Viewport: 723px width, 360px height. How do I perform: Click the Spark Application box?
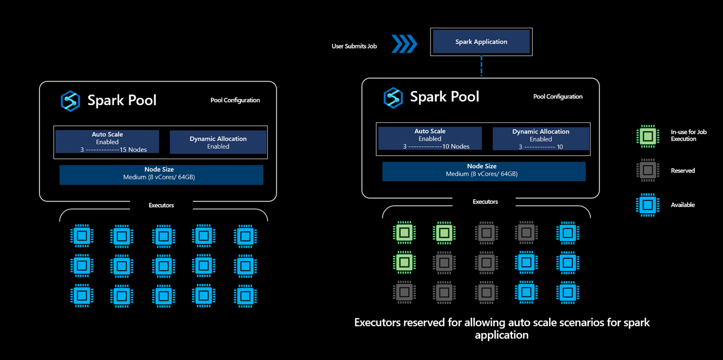[481, 42]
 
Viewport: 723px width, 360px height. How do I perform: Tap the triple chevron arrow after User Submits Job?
[405, 44]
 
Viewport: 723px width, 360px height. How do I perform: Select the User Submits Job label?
[354, 47]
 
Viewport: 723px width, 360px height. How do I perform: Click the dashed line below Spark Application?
[481, 66]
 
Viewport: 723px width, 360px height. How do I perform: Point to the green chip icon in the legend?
[648, 136]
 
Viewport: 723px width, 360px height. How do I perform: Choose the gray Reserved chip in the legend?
[648, 170]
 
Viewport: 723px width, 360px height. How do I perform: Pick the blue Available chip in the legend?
[648, 205]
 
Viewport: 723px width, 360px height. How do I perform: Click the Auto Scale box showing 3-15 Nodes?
[107, 142]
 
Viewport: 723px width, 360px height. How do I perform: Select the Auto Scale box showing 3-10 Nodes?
[430, 138]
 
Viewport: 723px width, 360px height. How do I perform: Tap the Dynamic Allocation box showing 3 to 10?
[541, 139]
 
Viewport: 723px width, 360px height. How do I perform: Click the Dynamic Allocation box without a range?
[218, 142]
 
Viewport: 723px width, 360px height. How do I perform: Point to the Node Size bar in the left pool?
[161, 173]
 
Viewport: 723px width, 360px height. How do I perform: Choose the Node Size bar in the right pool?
[484, 170]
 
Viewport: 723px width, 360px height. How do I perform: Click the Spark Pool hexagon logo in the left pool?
[70, 101]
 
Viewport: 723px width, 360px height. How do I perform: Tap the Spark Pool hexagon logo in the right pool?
[393, 98]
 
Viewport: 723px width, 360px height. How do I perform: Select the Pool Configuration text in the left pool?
[235, 100]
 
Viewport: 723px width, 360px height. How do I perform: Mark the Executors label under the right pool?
[485, 202]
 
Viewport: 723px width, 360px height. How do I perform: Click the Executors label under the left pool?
[161, 205]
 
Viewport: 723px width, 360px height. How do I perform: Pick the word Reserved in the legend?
[683, 171]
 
